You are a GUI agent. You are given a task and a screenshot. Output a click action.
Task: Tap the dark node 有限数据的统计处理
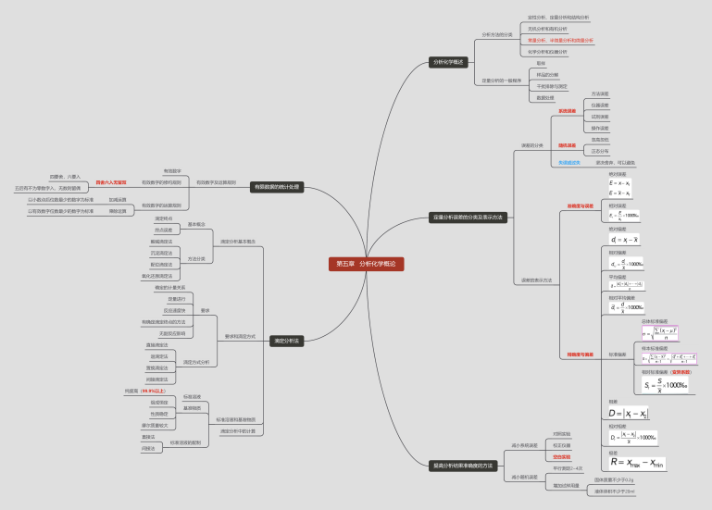coord(276,186)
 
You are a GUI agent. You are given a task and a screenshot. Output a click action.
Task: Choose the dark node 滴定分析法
coord(286,341)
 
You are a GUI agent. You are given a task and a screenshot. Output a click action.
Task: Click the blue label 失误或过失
coord(569,162)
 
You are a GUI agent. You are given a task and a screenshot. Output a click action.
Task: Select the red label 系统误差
coord(567,111)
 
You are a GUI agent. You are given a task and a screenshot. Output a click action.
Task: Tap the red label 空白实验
coord(561,457)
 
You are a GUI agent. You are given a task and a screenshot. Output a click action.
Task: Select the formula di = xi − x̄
coord(627,240)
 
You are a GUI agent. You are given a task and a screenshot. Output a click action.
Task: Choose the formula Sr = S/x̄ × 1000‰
coord(652,384)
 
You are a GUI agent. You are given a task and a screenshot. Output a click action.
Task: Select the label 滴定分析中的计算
coord(238,431)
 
